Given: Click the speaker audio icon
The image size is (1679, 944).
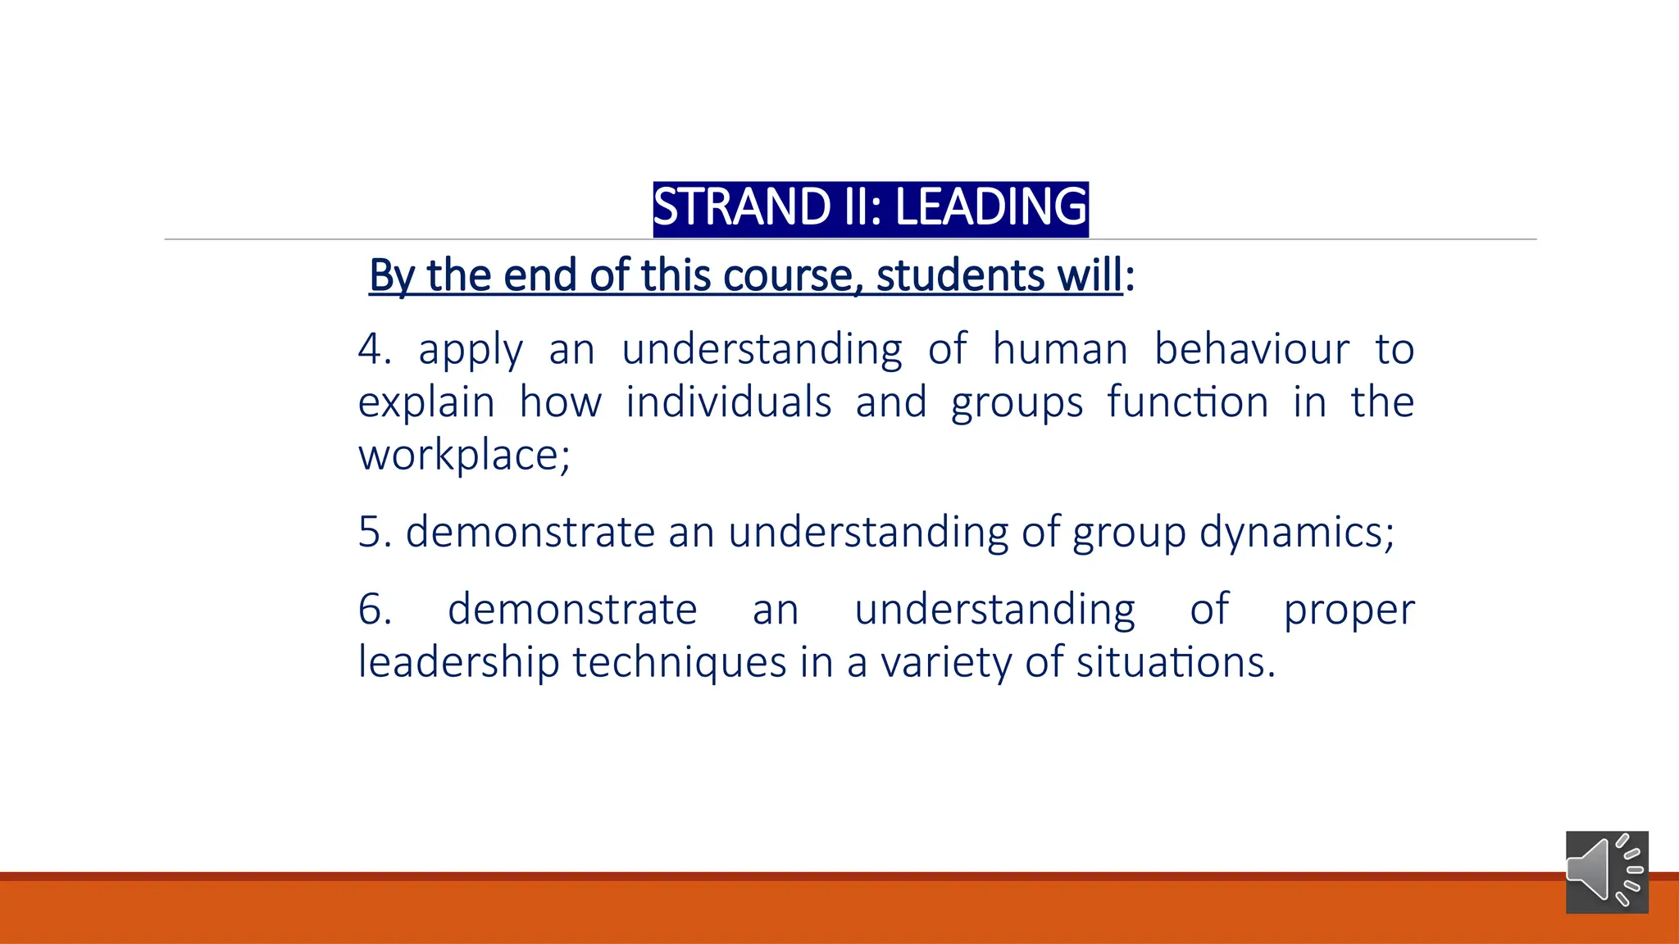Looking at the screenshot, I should point(1606,871).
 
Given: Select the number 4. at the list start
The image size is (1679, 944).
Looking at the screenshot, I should point(374,349).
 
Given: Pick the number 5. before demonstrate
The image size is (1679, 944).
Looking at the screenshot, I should point(375,532).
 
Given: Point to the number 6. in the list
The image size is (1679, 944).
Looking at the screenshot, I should point(375,610).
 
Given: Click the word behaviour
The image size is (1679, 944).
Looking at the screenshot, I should point(1251,349).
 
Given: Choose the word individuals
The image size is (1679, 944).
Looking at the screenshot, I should point(728,402).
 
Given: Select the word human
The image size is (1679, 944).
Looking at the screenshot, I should point(1060,349).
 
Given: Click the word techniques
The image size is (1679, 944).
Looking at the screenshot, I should point(679,662).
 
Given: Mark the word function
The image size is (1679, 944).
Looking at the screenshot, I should point(1187,402).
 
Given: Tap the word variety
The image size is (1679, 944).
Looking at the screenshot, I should point(945,662).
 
